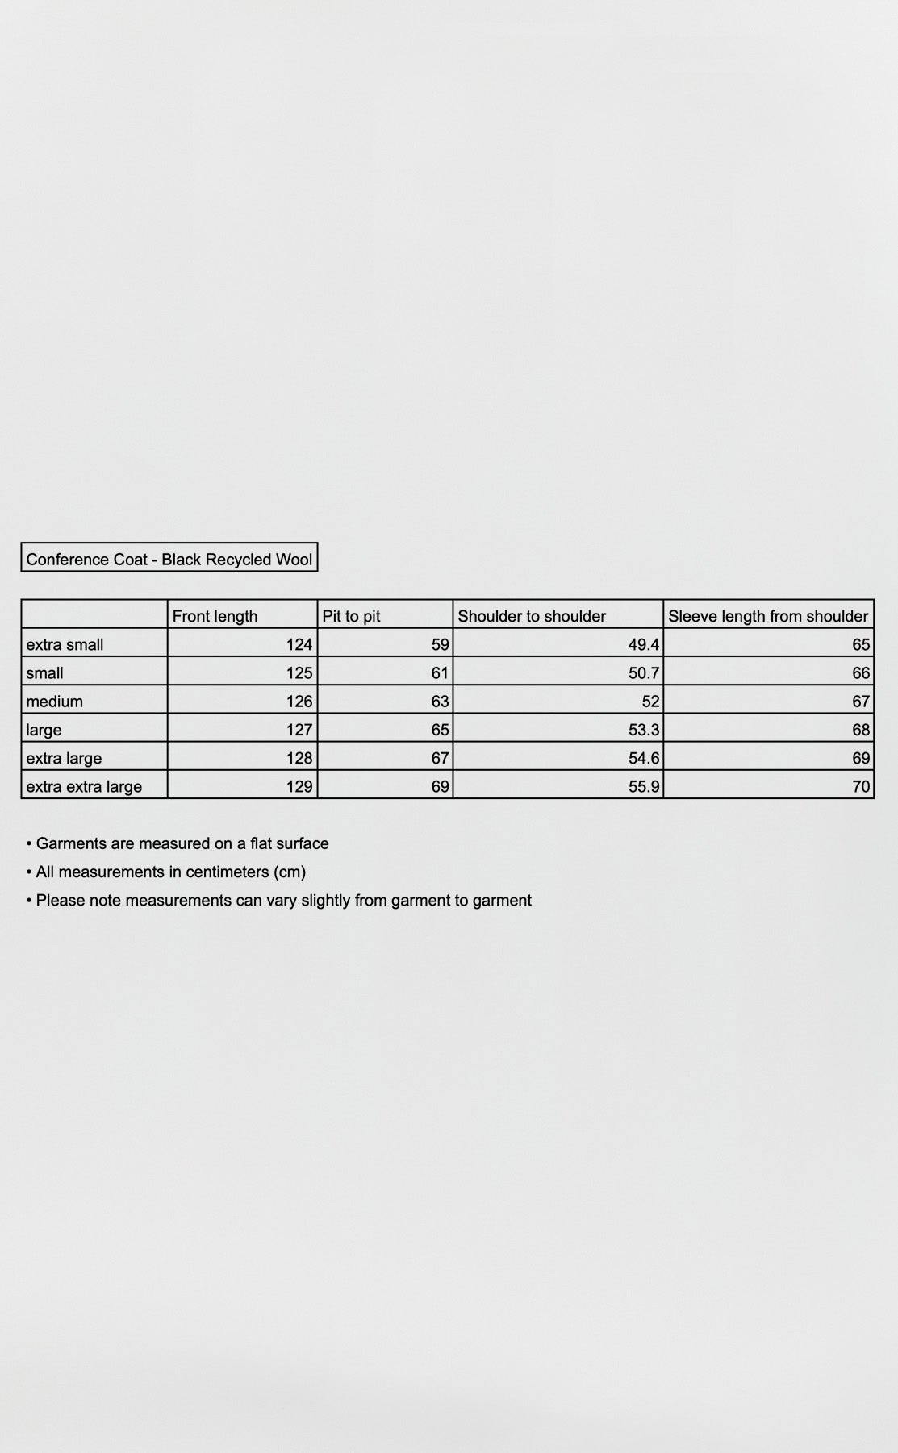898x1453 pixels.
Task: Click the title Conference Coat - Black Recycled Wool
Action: pyautogui.click(x=169, y=559)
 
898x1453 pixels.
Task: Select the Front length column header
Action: pyautogui.click(x=215, y=616)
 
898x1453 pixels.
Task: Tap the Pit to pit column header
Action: pyautogui.click(x=351, y=616)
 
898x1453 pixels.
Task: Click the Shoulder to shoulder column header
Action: pyautogui.click(x=532, y=616)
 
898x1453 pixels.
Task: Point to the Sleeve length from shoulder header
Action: pyautogui.click(x=767, y=616)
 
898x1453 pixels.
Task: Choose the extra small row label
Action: pyautogui.click(x=65, y=644)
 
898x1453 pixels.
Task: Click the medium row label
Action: pyautogui.click(x=54, y=701)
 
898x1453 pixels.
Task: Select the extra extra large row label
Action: pyautogui.click(x=84, y=786)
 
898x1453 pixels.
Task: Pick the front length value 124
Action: pyautogui.click(x=299, y=644)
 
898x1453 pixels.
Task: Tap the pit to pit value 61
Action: pyautogui.click(x=440, y=672)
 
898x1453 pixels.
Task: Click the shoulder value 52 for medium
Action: pyautogui.click(x=650, y=701)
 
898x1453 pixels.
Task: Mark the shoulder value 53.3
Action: pyautogui.click(x=644, y=730)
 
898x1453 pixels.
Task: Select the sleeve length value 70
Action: pyautogui.click(x=861, y=786)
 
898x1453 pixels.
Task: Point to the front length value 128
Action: pyautogui.click(x=299, y=758)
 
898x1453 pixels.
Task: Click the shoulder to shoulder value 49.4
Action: pyautogui.click(x=644, y=644)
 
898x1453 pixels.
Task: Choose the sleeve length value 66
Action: pyautogui.click(x=861, y=672)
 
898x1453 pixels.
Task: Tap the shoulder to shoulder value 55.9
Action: pyautogui.click(x=644, y=786)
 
